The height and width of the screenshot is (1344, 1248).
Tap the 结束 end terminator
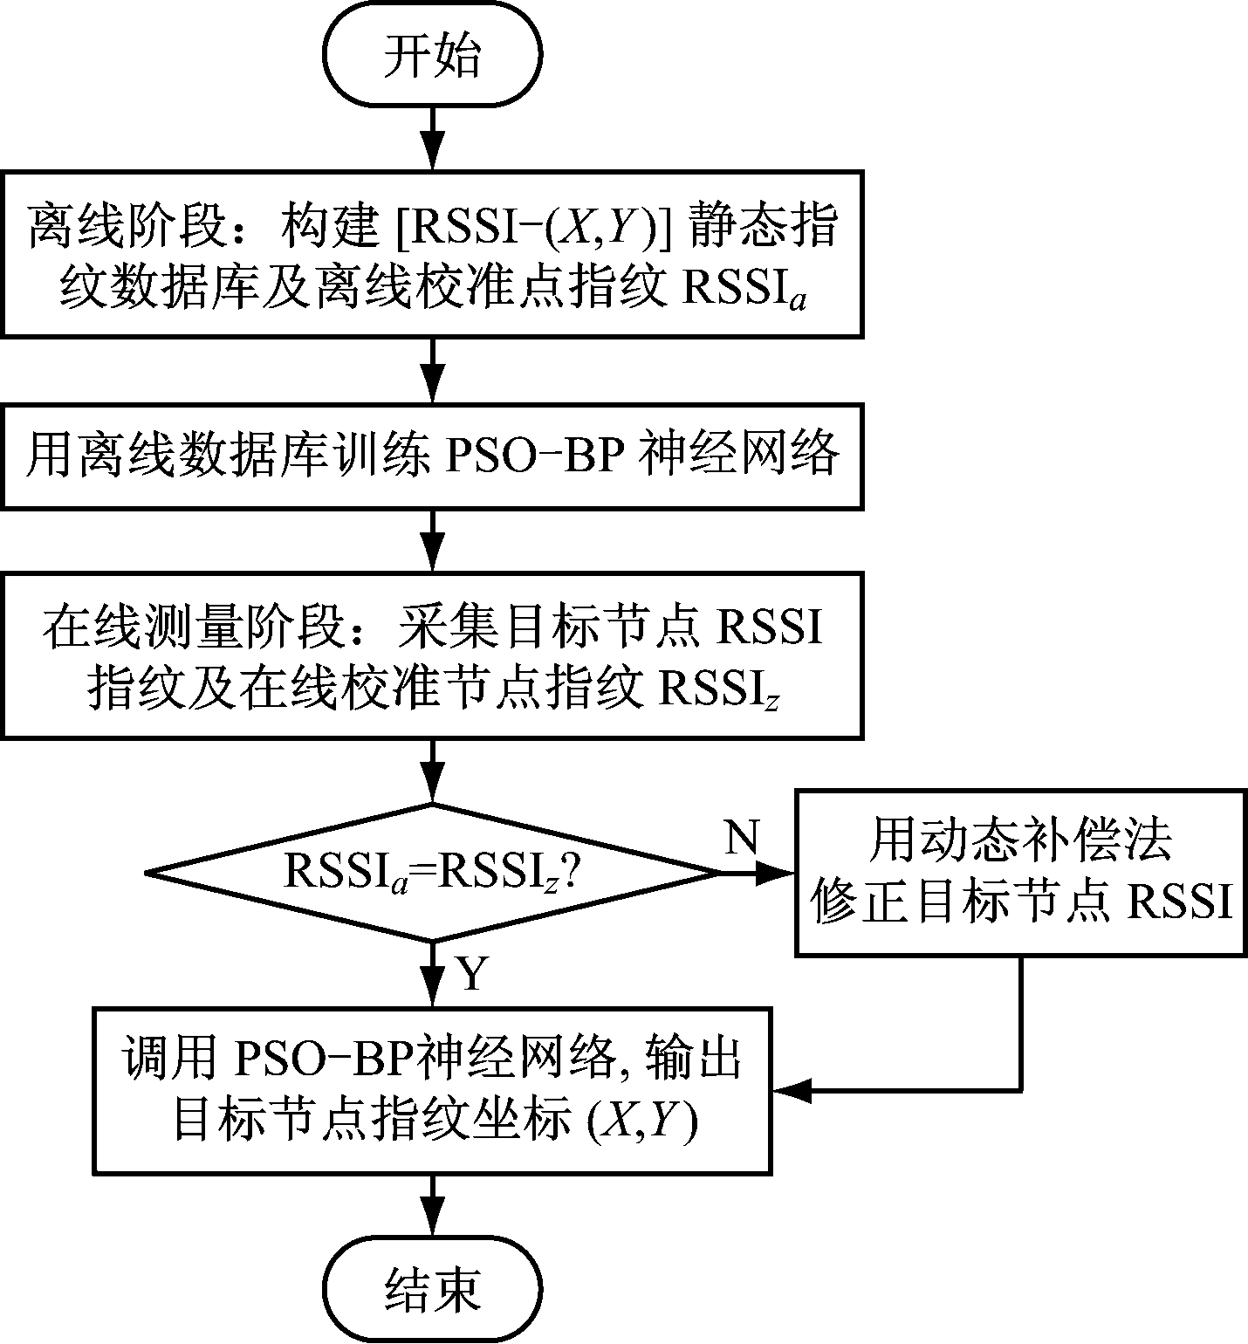[432, 1290]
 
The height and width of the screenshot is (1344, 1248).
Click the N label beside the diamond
[742, 838]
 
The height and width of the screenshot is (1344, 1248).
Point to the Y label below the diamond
[472, 973]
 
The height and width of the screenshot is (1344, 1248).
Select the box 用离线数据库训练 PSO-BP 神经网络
[432, 456]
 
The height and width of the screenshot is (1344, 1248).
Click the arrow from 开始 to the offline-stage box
[432, 140]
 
